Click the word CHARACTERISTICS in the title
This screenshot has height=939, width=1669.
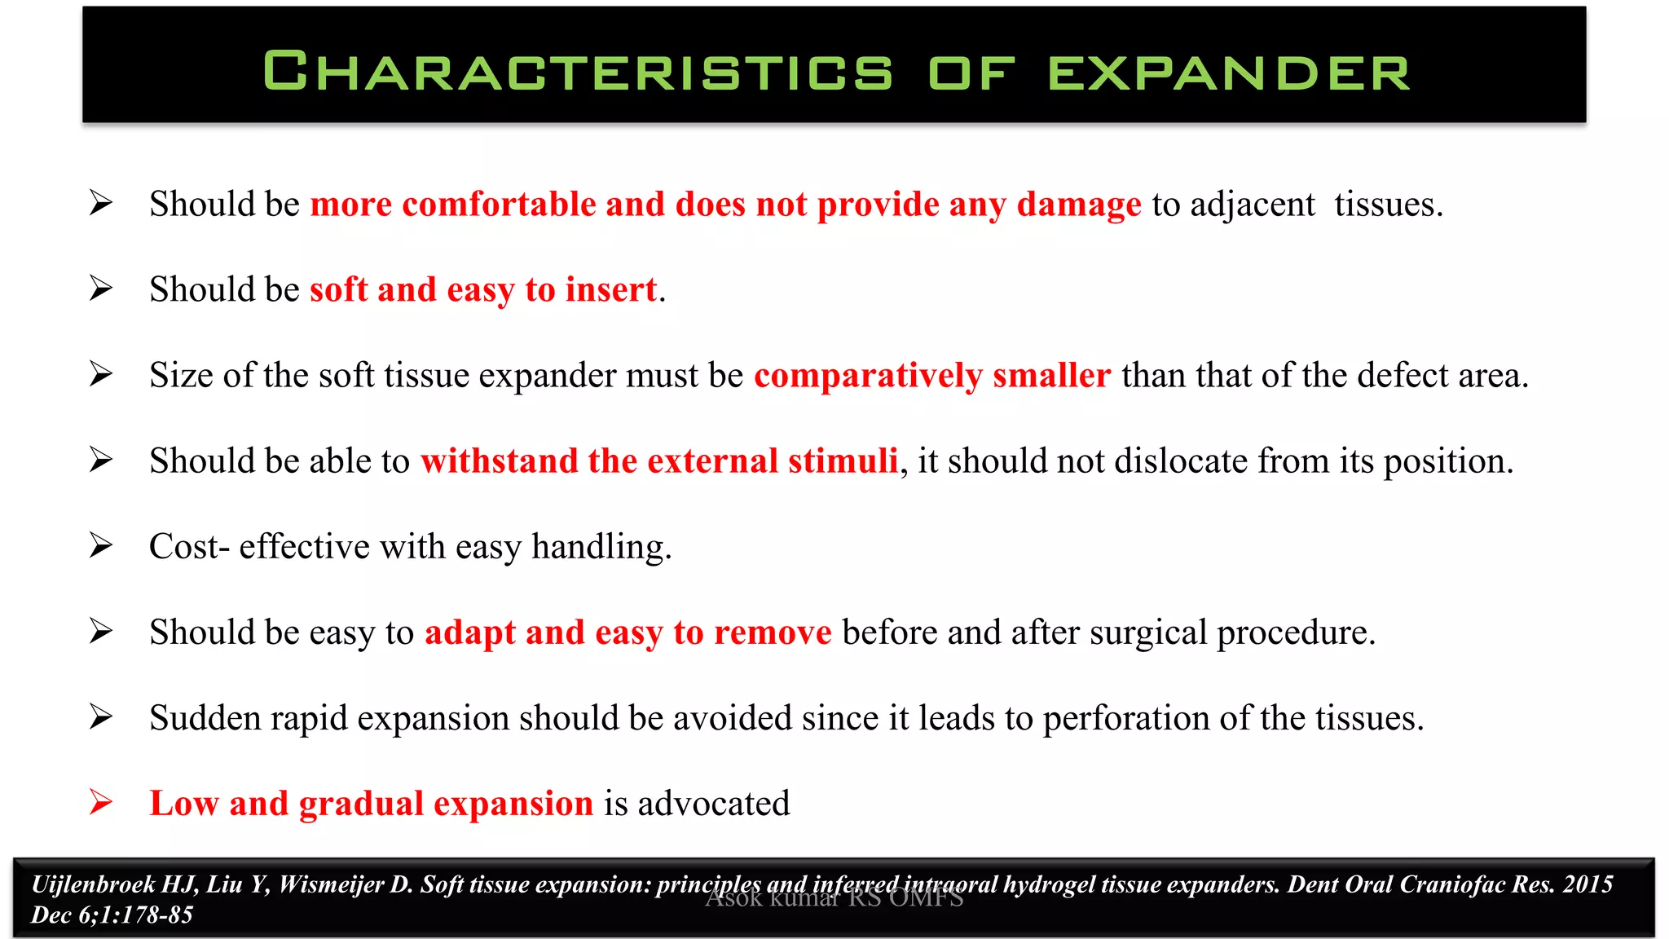click(578, 72)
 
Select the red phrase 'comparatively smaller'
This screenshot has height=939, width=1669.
click(931, 376)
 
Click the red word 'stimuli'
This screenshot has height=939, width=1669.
click(843, 461)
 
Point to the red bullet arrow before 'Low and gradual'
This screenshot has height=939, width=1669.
click(101, 802)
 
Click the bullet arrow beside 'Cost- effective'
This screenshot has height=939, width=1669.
click(101, 545)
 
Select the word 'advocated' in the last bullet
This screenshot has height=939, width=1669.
click(713, 804)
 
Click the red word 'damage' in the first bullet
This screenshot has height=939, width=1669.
click(1078, 205)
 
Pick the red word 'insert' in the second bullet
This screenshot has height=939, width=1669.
click(610, 290)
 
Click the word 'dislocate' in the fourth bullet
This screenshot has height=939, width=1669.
click(1180, 461)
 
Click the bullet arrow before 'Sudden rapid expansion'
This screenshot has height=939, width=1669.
click(101, 716)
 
